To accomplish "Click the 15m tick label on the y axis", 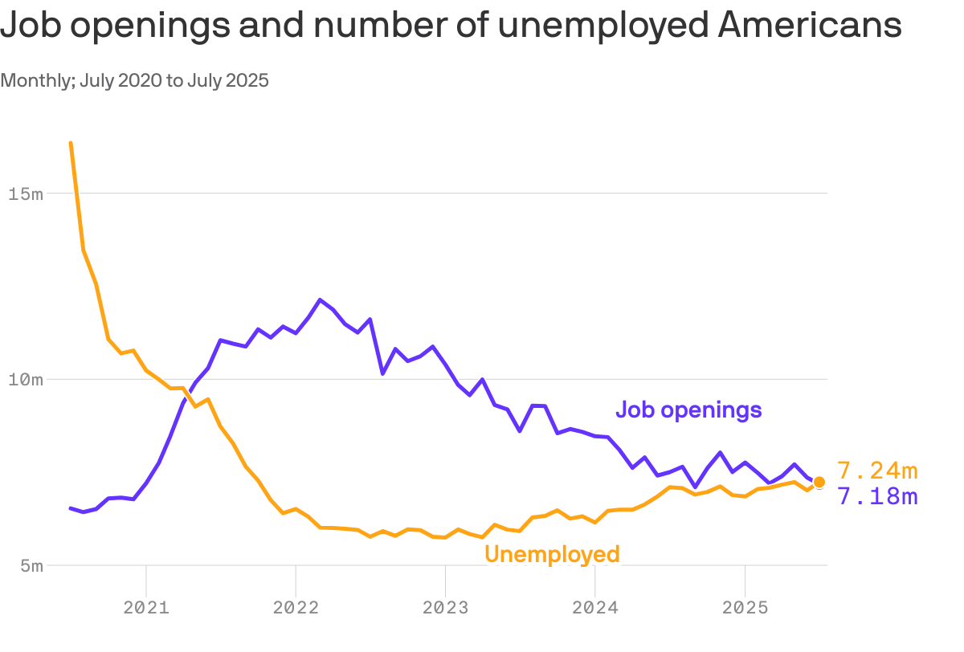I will pyautogui.click(x=26, y=194).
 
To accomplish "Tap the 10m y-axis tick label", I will pyautogui.click(x=26, y=379).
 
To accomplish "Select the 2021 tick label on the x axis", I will pyautogui.click(x=146, y=607).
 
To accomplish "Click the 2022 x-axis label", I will pyautogui.click(x=296, y=607).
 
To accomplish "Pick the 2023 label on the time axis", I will pyautogui.click(x=445, y=607).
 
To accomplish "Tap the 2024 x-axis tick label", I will pyautogui.click(x=594, y=607).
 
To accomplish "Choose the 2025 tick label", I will pyautogui.click(x=745, y=607).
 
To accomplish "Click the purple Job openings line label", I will pyautogui.click(x=688, y=410).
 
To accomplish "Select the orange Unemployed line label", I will pyautogui.click(x=552, y=554).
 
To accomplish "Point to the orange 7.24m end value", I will pyautogui.click(x=877, y=470).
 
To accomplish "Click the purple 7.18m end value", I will pyautogui.click(x=877, y=496).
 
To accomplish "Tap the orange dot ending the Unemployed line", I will pyautogui.click(x=819, y=482).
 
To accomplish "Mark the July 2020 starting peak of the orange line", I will pyautogui.click(x=71, y=143).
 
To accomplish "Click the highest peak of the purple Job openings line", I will pyautogui.click(x=321, y=300).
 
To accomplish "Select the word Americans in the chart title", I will pyautogui.click(x=809, y=26).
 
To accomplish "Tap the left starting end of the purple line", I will pyautogui.click(x=71, y=507).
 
